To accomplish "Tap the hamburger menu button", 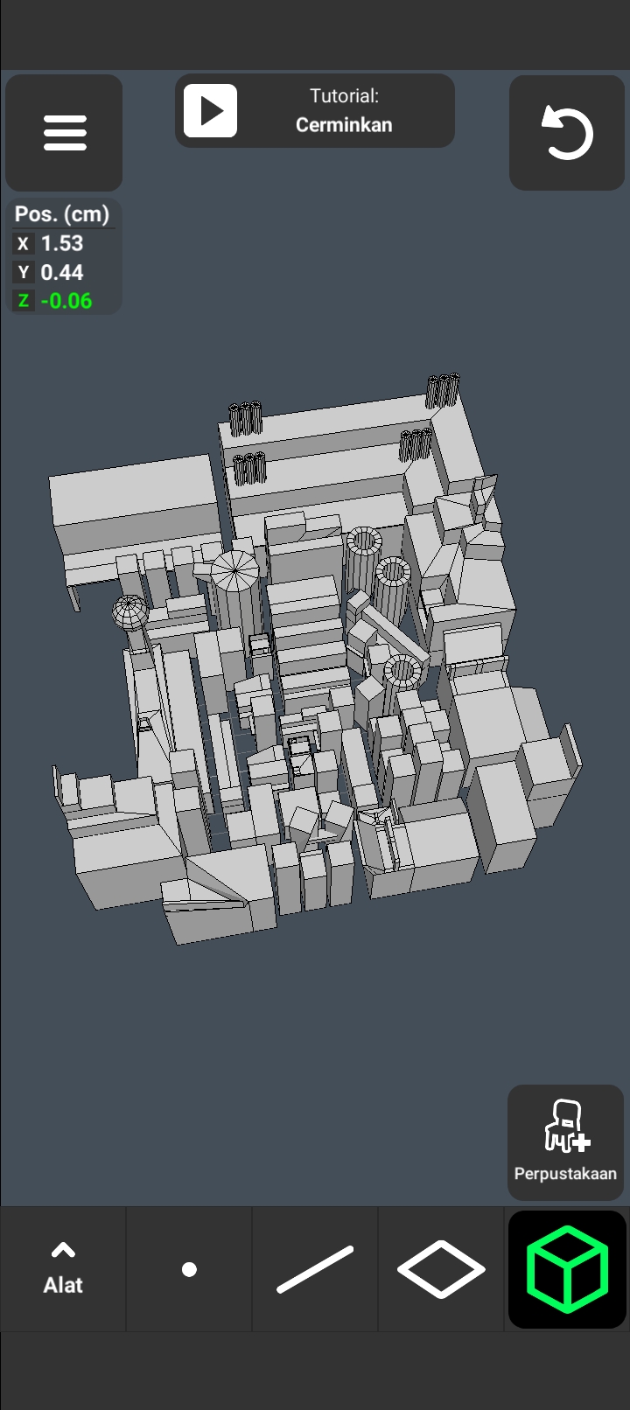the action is pyautogui.click(x=64, y=133).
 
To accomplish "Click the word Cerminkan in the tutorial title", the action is pyautogui.click(x=344, y=124).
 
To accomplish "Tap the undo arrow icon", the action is pyautogui.click(x=567, y=133).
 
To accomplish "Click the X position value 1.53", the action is pyautogui.click(x=62, y=243).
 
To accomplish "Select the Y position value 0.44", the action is pyautogui.click(x=62, y=272).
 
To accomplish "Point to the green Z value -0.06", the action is pyautogui.click(x=66, y=301).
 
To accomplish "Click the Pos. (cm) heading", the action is pyautogui.click(x=62, y=214).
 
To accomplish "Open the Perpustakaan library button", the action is pyautogui.click(x=566, y=1142).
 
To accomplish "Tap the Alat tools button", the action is pyautogui.click(x=63, y=1268).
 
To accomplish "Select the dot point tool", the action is pyautogui.click(x=189, y=1270).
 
